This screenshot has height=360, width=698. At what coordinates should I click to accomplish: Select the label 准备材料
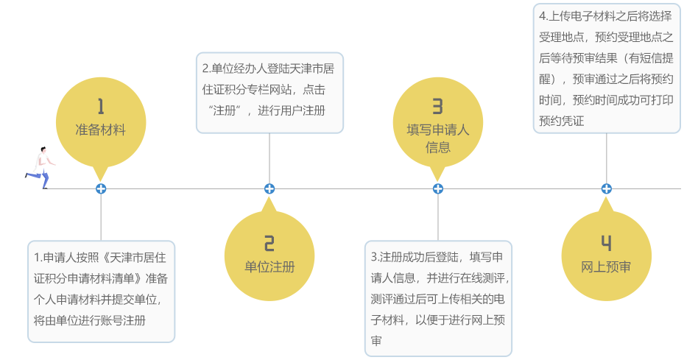click(101, 130)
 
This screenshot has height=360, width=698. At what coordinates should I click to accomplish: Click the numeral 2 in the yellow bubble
click(269, 244)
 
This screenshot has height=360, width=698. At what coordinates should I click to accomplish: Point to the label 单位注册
click(269, 267)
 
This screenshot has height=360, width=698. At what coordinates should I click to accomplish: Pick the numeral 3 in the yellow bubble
click(437, 107)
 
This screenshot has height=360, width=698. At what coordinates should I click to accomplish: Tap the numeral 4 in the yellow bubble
click(606, 244)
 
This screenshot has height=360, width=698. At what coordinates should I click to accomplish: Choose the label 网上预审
click(606, 267)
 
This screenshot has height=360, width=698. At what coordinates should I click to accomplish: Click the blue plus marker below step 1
click(101, 188)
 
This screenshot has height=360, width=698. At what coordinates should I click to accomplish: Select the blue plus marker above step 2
click(269, 188)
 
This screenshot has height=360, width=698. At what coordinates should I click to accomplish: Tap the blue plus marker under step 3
click(438, 188)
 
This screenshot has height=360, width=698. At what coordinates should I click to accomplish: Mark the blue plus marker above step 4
click(606, 188)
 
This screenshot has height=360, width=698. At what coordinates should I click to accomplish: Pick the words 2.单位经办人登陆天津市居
click(269, 68)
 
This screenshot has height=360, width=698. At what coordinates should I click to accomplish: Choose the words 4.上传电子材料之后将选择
click(605, 15)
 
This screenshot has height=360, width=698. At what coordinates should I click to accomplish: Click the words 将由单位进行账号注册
click(90, 321)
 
